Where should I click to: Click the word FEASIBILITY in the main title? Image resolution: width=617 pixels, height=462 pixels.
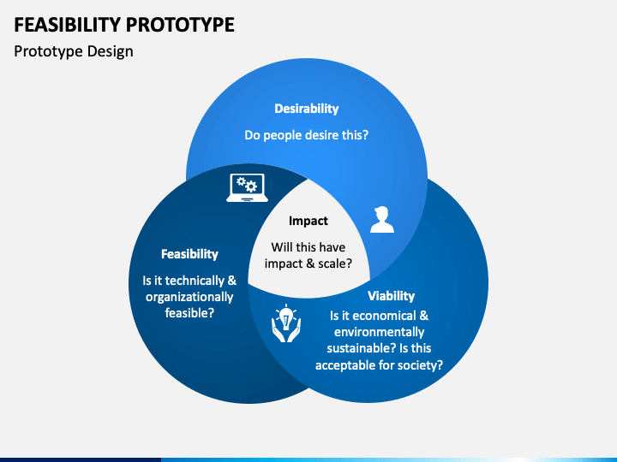pos(68,25)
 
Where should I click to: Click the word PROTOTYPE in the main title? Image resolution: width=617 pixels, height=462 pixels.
pos(180,25)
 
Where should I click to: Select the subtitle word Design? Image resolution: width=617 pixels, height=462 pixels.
pos(111,52)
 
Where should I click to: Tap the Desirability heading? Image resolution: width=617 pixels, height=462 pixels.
pos(307,109)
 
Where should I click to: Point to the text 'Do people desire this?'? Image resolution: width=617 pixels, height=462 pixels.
pos(307,135)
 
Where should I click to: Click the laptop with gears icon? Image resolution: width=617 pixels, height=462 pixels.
pos(247,187)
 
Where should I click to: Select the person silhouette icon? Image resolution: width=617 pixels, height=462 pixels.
pos(381,220)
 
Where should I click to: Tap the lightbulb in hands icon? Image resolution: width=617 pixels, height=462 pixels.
pos(286,323)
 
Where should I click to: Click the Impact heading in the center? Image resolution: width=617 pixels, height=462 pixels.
pos(308,221)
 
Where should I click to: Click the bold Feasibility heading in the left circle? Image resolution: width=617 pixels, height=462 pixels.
pos(189,254)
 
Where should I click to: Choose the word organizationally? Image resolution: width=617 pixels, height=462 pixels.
pos(189,298)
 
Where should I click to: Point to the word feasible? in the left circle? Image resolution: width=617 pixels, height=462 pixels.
pos(189,313)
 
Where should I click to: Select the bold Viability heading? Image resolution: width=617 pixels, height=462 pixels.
pos(391,296)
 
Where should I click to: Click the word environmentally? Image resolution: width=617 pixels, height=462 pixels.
pos(380,332)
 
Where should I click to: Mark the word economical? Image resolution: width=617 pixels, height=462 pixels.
pos(379,316)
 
